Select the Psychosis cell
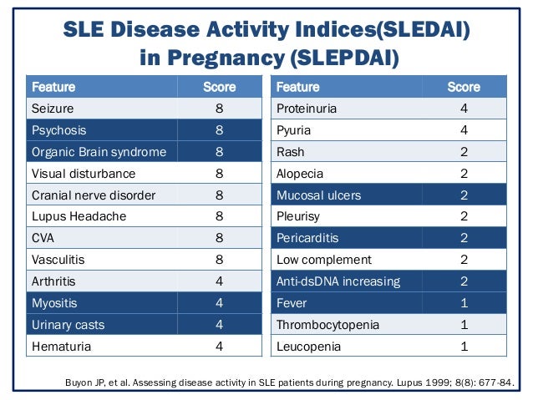[58, 130]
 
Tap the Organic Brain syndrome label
[99, 152]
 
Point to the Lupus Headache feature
[79, 216]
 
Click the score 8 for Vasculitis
[219, 260]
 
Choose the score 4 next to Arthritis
[219, 281]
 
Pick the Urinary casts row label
[68, 325]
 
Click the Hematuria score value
[219, 347]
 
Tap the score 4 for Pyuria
[464, 130]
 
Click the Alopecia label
[300, 174]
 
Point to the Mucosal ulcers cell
[318, 195]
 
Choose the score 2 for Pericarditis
[464, 239]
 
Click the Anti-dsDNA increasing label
[338, 281]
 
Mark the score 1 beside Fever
[464, 303]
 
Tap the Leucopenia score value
[464, 347]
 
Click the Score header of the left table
[219, 87]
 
